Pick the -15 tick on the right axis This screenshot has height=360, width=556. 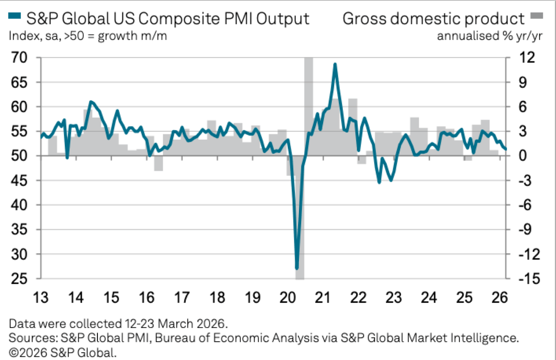pyautogui.click(x=525, y=279)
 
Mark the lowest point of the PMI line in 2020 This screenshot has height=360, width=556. pyautogui.click(x=297, y=268)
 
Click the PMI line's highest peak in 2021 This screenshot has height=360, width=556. pyautogui.click(x=335, y=64)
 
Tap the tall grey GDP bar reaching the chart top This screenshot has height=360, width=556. pyautogui.click(x=308, y=105)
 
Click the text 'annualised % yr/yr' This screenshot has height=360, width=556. pyautogui.click(x=490, y=37)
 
